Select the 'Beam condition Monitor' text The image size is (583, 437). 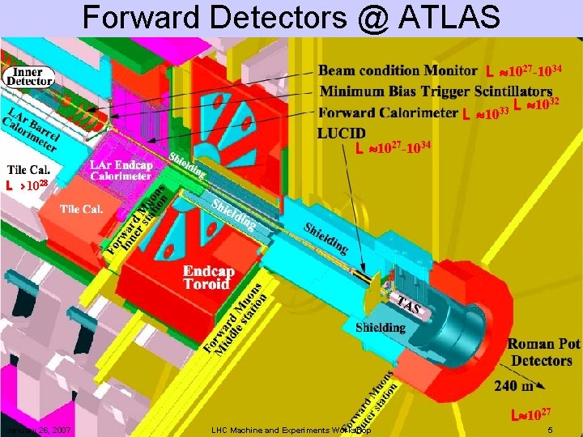[398, 70]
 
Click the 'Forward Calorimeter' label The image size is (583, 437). [388, 113]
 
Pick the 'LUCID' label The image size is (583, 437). [342, 133]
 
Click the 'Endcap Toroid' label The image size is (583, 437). [209, 278]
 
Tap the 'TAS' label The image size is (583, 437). [408, 305]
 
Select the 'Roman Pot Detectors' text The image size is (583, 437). [543, 353]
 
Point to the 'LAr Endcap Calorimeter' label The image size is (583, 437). [120, 171]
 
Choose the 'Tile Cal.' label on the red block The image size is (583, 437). [81, 209]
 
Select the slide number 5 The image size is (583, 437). [550, 429]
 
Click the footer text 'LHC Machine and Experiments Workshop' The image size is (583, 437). [290, 429]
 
